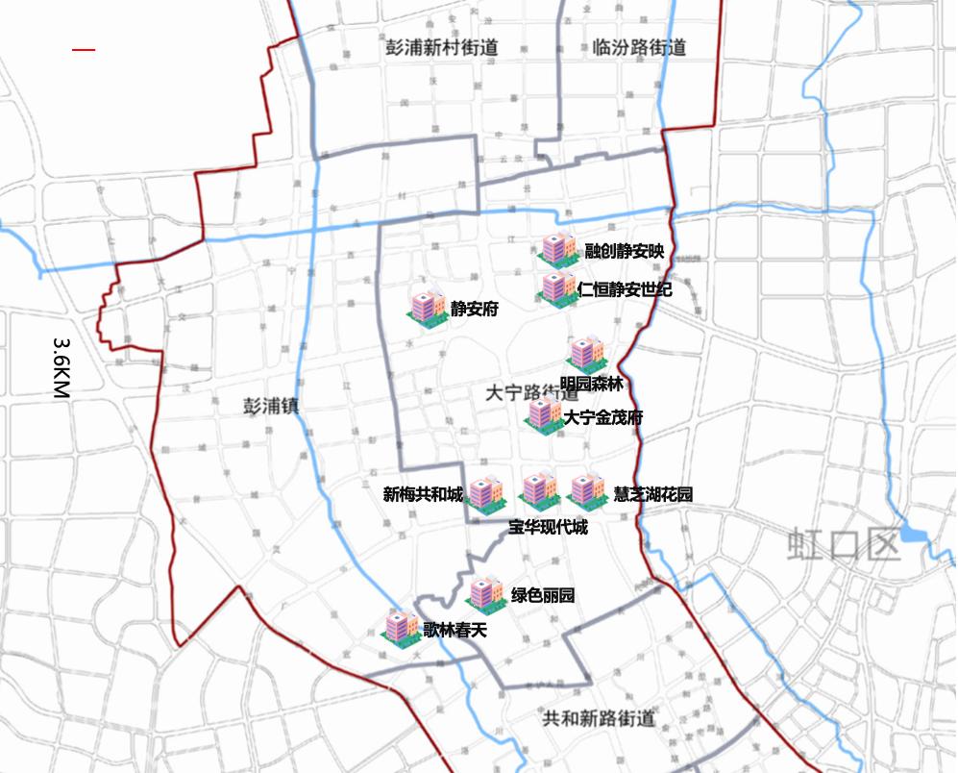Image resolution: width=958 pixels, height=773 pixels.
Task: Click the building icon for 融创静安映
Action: click(x=556, y=249)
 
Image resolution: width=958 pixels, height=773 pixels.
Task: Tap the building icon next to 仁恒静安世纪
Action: click(x=556, y=287)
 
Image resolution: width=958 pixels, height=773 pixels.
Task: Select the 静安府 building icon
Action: click(x=426, y=307)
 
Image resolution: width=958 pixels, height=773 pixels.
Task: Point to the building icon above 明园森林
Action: click(x=584, y=354)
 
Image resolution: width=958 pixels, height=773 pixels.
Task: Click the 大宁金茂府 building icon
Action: click(x=544, y=414)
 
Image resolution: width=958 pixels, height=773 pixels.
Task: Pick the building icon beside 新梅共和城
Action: click(x=485, y=493)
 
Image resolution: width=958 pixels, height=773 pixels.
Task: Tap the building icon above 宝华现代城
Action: click(x=538, y=490)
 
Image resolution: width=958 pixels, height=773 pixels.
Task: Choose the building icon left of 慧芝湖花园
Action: click(x=584, y=491)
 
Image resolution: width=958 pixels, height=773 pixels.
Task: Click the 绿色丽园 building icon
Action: click(x=486, y=593)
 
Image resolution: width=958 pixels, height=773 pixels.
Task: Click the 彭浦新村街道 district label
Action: click(x=441, y=47)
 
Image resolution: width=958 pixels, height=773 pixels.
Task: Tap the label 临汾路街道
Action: click(x=639, y=47)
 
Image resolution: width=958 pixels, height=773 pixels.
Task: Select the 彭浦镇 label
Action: click(x=271, y=406)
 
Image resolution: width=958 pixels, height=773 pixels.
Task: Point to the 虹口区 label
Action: click(x=844, y=544)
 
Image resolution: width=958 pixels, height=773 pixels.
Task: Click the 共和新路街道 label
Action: click(x=599, y=717)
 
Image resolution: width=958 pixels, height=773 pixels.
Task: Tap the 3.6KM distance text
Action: click(x=61, y=367)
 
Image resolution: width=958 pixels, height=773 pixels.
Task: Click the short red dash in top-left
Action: click(x=84, y=49)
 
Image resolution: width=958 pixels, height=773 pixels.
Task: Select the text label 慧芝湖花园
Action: click(x=653, y=495)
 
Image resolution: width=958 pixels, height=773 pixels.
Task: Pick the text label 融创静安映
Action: click(x=625, y=252)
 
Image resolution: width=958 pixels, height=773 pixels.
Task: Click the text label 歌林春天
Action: click(x=455, y=631)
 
